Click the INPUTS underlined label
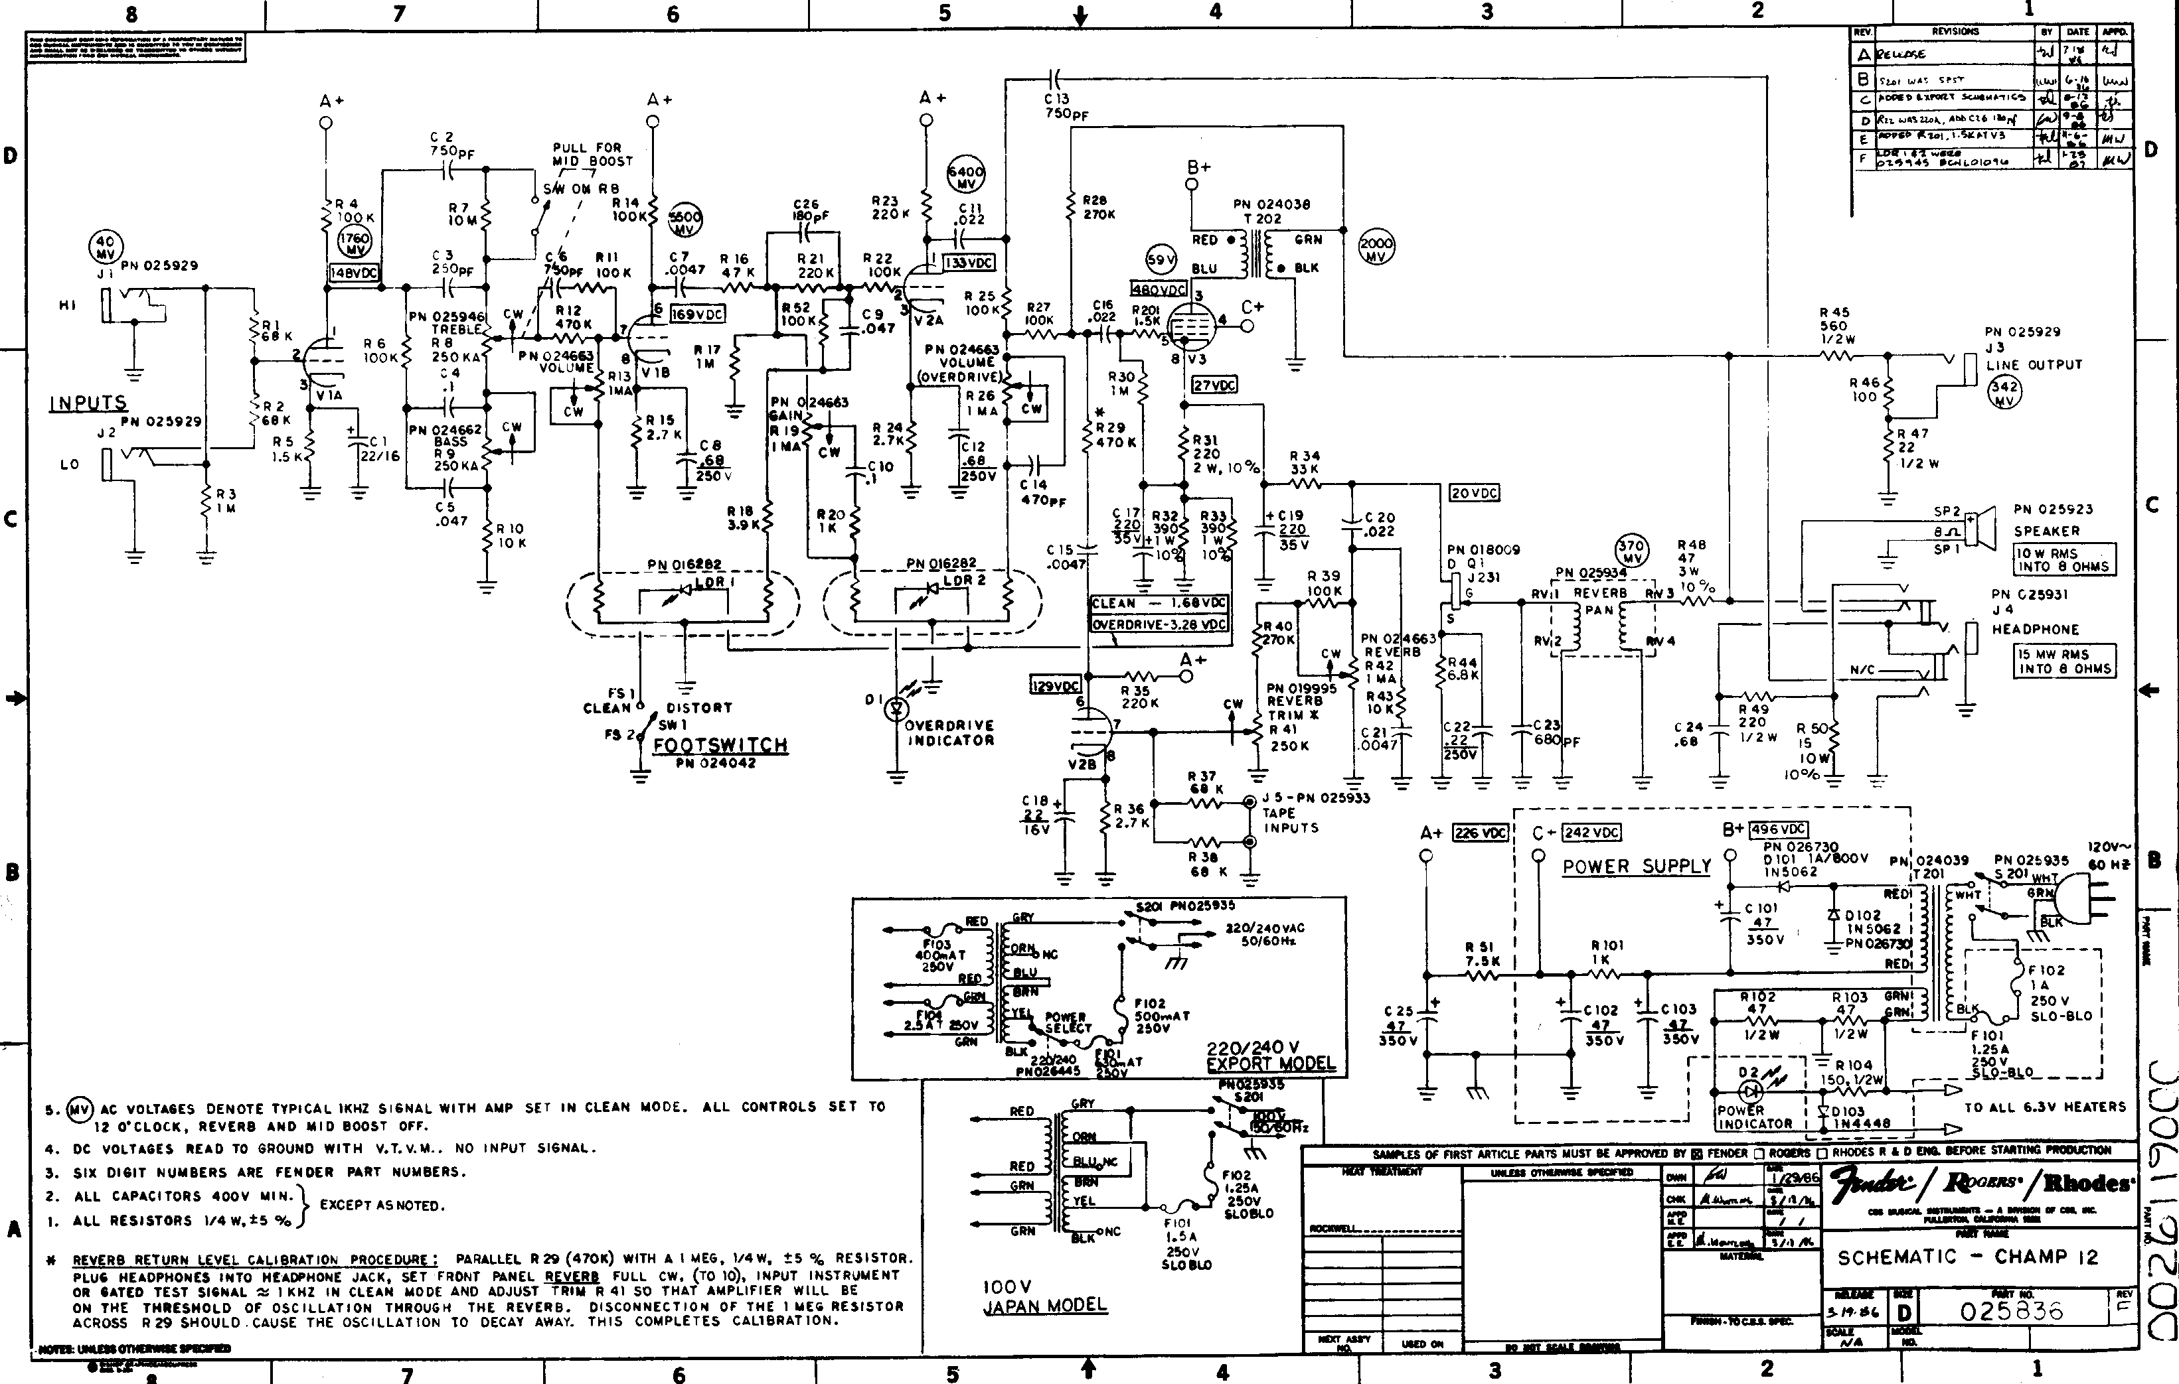[88, 403]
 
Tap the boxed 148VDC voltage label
[355, 272]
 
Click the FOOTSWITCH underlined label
[720, 745]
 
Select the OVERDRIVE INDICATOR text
[949, 732]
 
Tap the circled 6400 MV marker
[965, 176]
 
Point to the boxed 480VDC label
[1159, 289]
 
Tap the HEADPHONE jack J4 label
[2035, 629]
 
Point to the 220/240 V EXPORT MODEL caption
[1271, 1056]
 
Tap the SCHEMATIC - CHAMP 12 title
[1967, 1257]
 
